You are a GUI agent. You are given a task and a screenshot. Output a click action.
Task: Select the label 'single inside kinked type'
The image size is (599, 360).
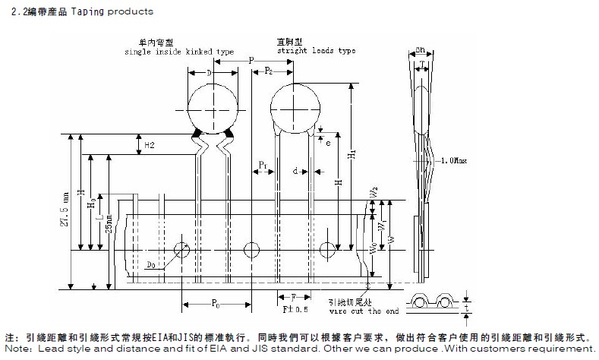[179, 52]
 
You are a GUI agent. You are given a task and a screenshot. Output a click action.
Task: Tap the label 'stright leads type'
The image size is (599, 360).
[316, 51]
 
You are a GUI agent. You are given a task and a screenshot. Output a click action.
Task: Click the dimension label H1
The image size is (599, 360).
[351, 153]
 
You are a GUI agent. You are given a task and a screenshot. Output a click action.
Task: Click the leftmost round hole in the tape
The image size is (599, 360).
[181, 250]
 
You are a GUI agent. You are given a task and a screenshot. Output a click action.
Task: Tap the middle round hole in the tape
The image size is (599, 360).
[251, 250]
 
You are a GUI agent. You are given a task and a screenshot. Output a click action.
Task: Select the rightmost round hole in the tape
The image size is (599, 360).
[327, 250]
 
